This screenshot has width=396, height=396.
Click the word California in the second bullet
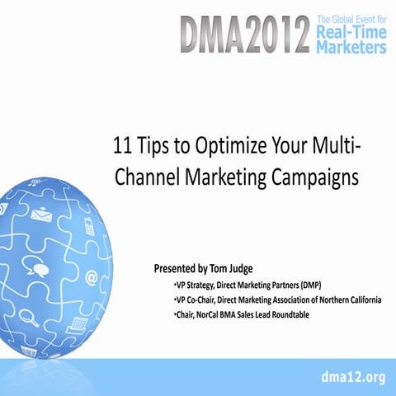click(x=360, y=299)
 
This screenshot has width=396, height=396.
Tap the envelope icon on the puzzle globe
click(x=40, y=216)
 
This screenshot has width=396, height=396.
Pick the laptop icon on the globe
click(x=77, y=323)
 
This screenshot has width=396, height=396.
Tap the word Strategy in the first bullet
click(x=198, y=285)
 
